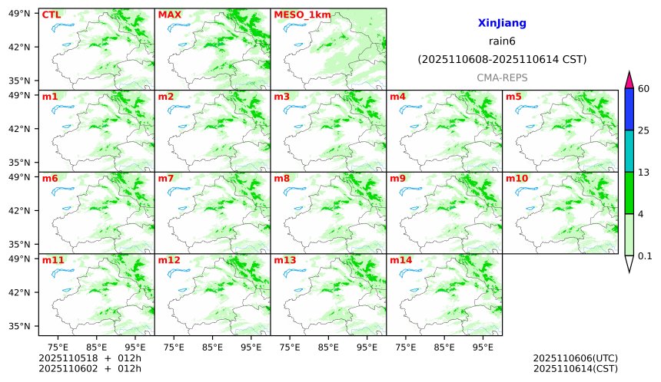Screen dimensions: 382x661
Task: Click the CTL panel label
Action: pos(51,15)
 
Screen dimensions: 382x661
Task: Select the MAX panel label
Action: pos(168,15)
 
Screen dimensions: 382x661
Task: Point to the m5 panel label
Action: pos(513,97)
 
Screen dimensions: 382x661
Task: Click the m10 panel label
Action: pos(517,179)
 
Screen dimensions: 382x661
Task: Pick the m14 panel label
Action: pos(400,261)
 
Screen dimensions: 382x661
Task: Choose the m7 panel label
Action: pos(166,179)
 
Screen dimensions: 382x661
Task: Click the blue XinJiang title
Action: pos(502,24)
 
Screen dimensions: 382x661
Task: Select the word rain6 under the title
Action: pos(502,41)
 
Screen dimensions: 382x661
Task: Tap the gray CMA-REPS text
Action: pos(502,77)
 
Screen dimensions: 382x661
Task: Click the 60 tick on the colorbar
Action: pos(644,89)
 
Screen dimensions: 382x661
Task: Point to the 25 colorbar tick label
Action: pos(644,130)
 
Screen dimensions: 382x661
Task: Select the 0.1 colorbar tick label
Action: pos(645,256)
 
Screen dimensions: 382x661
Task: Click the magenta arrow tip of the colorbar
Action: pos(629,77)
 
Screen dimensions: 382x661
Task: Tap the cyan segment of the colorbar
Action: pos(629,150)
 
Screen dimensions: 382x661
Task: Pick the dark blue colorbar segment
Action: pos(629,109)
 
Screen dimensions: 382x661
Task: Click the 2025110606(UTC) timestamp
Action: pos(575,358)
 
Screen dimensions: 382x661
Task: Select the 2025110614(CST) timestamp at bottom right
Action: pos(575,369)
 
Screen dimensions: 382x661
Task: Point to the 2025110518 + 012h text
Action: pos(85,358)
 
